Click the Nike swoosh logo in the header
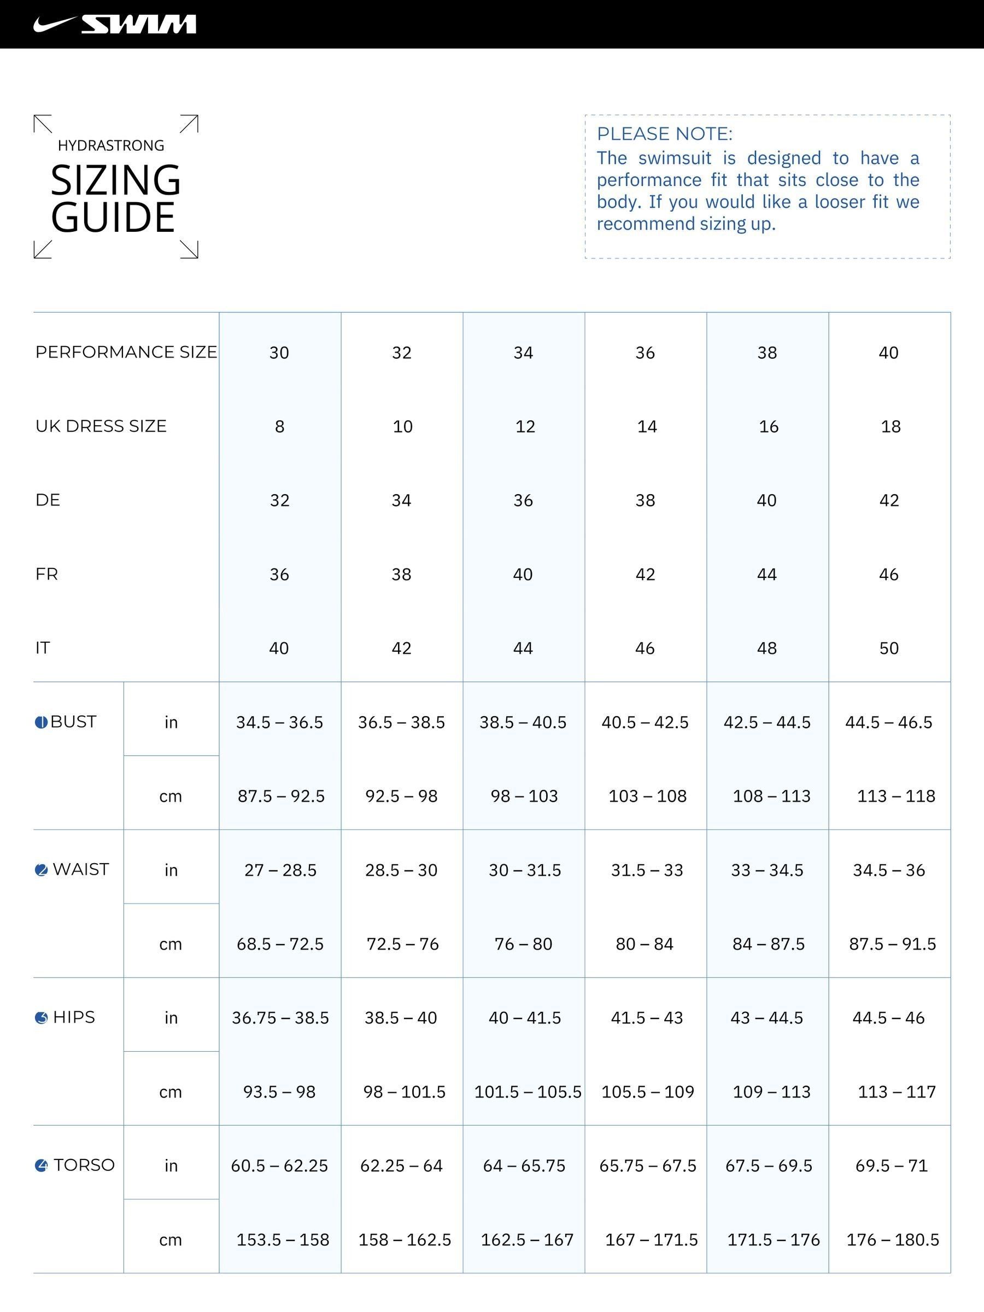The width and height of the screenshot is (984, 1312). [x=55, y=24]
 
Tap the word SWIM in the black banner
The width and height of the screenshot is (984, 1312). [x=139, y=24]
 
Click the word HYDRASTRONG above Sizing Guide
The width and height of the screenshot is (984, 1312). [x=111, y=145]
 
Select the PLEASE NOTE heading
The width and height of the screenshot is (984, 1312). [x=664, y=134]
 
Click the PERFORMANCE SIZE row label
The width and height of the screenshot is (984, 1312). [x=126, y=352]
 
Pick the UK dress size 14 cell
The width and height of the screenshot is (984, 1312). [x=647, y=426]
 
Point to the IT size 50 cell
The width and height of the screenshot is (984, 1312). [x=888, y=648]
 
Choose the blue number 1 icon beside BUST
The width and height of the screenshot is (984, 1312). [x=41, y=723]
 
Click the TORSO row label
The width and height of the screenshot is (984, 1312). [x=84, y=1165]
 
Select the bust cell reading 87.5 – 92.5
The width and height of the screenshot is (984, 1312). [x=281, y=796]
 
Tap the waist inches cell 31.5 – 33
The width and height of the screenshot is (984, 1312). [x=647, y=870]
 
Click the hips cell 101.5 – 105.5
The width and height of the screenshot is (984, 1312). [x=528, y=1092]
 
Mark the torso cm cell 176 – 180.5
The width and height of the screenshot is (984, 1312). [x=892, y=1240]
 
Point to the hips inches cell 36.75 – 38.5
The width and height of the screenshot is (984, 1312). [x=280, y=1018]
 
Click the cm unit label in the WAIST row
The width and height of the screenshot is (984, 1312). [x=171, y=944]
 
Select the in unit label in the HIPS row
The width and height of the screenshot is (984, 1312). [x=171, y=1018]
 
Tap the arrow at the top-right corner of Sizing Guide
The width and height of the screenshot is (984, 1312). [x=189, y=124]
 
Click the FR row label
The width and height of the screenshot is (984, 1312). [x=47, y=574]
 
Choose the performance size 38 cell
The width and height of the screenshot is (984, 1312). [x=767, y=353]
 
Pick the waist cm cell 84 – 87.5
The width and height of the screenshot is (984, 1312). [x=768, y=944]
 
